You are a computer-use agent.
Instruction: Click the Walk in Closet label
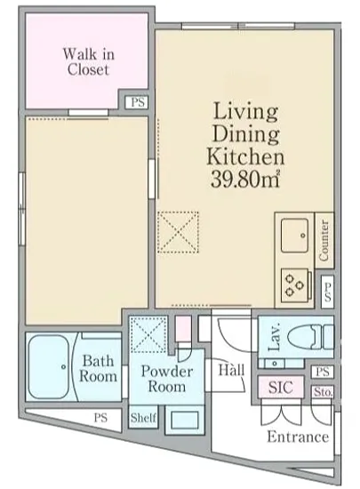tap(89, 61)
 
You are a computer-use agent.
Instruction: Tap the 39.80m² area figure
tap(245, 179)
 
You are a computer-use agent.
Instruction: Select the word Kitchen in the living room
tap(245, 156)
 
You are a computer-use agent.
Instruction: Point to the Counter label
tap(324, 240)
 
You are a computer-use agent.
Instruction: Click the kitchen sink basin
tap(294, 235)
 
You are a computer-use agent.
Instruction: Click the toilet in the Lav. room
tap(311, 337)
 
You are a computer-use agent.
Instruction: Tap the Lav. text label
tap(275, 338)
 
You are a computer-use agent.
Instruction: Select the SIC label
tap(281, 387)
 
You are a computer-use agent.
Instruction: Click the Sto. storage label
tap(324, 392)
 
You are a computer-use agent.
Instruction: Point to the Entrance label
tap(298, 437)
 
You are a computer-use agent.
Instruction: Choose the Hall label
tap(231, 370)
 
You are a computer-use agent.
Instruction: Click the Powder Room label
tap(167, 379)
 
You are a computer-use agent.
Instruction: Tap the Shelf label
tap(143, 417)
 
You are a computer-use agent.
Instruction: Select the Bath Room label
tap(98, 368)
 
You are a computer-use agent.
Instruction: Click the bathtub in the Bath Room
tap(48, 366)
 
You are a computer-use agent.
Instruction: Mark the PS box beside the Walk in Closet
tap(138, 102)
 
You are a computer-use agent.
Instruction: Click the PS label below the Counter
tap(327, 292)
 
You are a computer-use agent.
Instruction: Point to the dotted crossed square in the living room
tap(178, 232)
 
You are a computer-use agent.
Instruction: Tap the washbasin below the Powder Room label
tap(184, 420)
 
